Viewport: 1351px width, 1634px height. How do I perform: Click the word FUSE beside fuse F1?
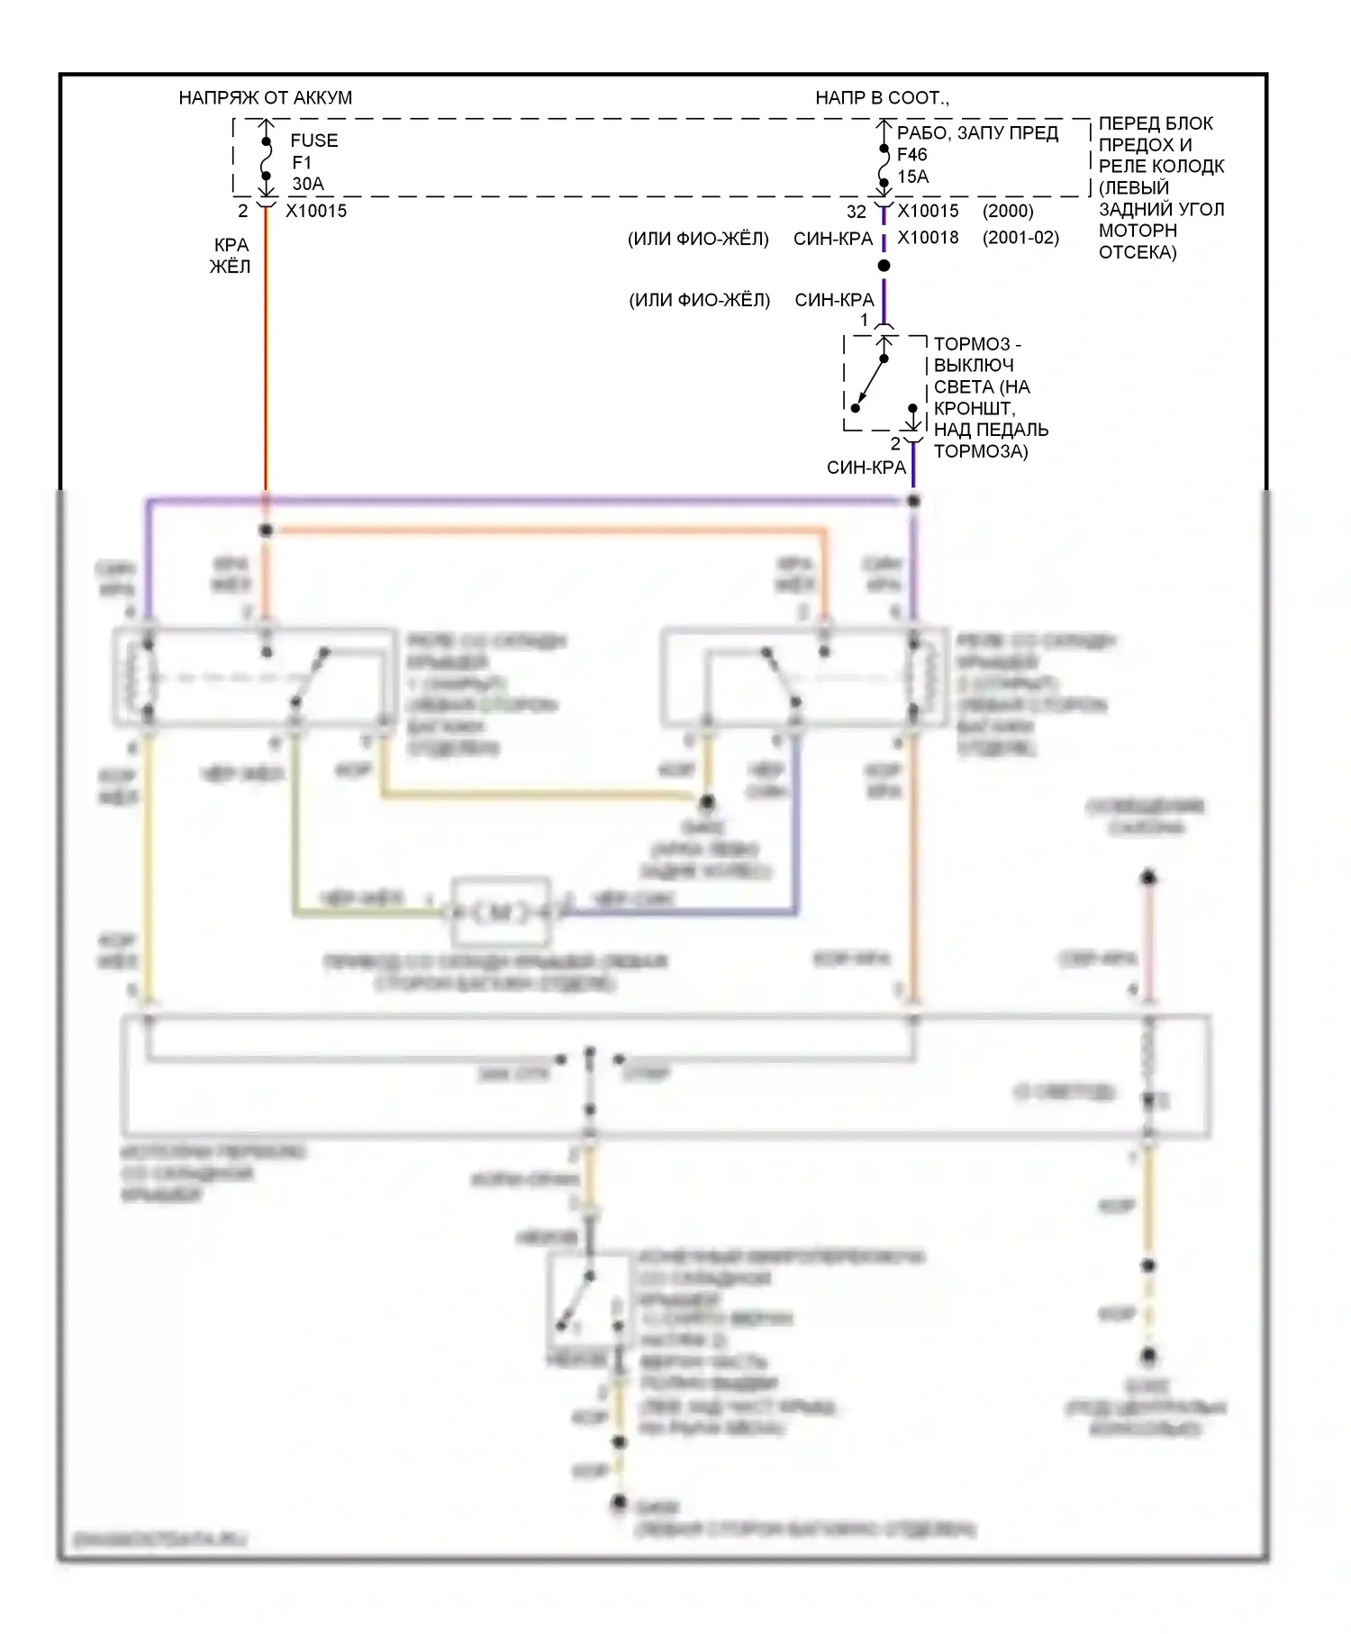[314, 141]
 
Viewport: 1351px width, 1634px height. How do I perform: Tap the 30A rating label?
[307, 184]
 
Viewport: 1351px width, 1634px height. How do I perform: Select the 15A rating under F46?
[912, 177]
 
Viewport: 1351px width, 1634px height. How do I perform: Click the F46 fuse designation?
[911, 154]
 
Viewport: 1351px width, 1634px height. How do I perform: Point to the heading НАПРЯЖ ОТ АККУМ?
[265, 97]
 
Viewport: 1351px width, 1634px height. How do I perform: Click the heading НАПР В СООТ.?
[882, 97]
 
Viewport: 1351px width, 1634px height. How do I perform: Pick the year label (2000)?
[1008, 211]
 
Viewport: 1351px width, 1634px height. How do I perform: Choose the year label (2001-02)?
[1020, 238]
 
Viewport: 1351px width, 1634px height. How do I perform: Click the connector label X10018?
[928, 238]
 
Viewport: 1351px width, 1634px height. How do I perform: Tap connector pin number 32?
[856, 212]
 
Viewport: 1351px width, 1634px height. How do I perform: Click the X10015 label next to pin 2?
[316, 211]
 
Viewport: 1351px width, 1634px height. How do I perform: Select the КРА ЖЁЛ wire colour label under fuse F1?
[231, 256]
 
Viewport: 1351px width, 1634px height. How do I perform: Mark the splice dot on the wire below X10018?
[884, 266]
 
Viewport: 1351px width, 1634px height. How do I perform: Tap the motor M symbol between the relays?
[501, 912]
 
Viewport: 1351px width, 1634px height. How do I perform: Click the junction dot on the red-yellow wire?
[266, 531]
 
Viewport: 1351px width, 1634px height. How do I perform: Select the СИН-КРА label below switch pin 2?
[866, 468]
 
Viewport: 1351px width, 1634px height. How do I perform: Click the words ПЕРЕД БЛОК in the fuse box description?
[1156, 123]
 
